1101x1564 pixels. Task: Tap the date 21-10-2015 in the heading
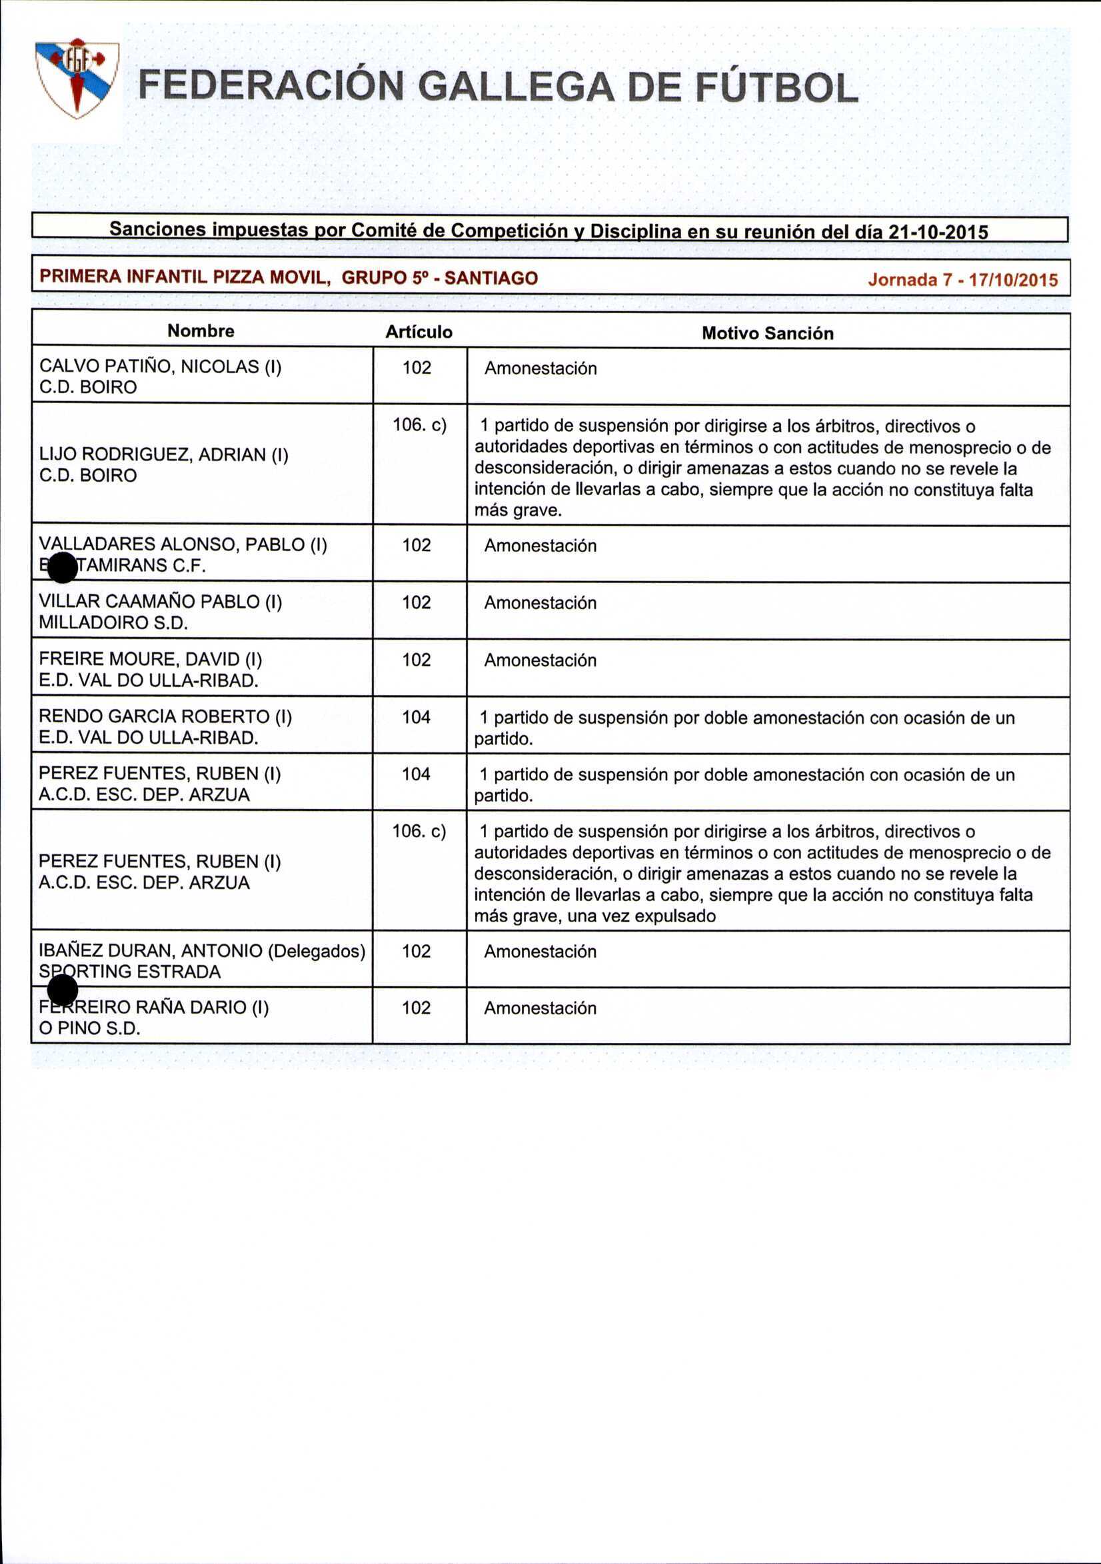(x=939, y=233)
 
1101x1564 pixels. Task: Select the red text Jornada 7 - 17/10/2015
(x=962, y=280)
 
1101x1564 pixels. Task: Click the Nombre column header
(x=201, y=331)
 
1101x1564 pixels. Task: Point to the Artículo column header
(x=419, y=332)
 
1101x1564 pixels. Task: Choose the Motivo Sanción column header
(x=767, y=333)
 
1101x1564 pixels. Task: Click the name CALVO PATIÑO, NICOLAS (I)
(x=160, y=367)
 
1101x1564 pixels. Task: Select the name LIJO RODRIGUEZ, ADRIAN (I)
(x=163, y=454)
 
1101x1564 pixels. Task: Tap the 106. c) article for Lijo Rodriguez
(x=419, y=425)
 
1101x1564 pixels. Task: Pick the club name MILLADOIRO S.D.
(x=113, y=622)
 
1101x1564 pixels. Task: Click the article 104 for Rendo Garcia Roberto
(x=417, y=716)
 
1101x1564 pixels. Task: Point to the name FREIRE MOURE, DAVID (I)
(x=151, y=660)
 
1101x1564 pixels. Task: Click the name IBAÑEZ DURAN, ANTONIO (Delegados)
(x=203, y=951)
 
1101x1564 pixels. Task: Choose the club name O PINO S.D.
(x=90, y=1029)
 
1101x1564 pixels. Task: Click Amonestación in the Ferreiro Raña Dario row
(x=540, y=1008)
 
